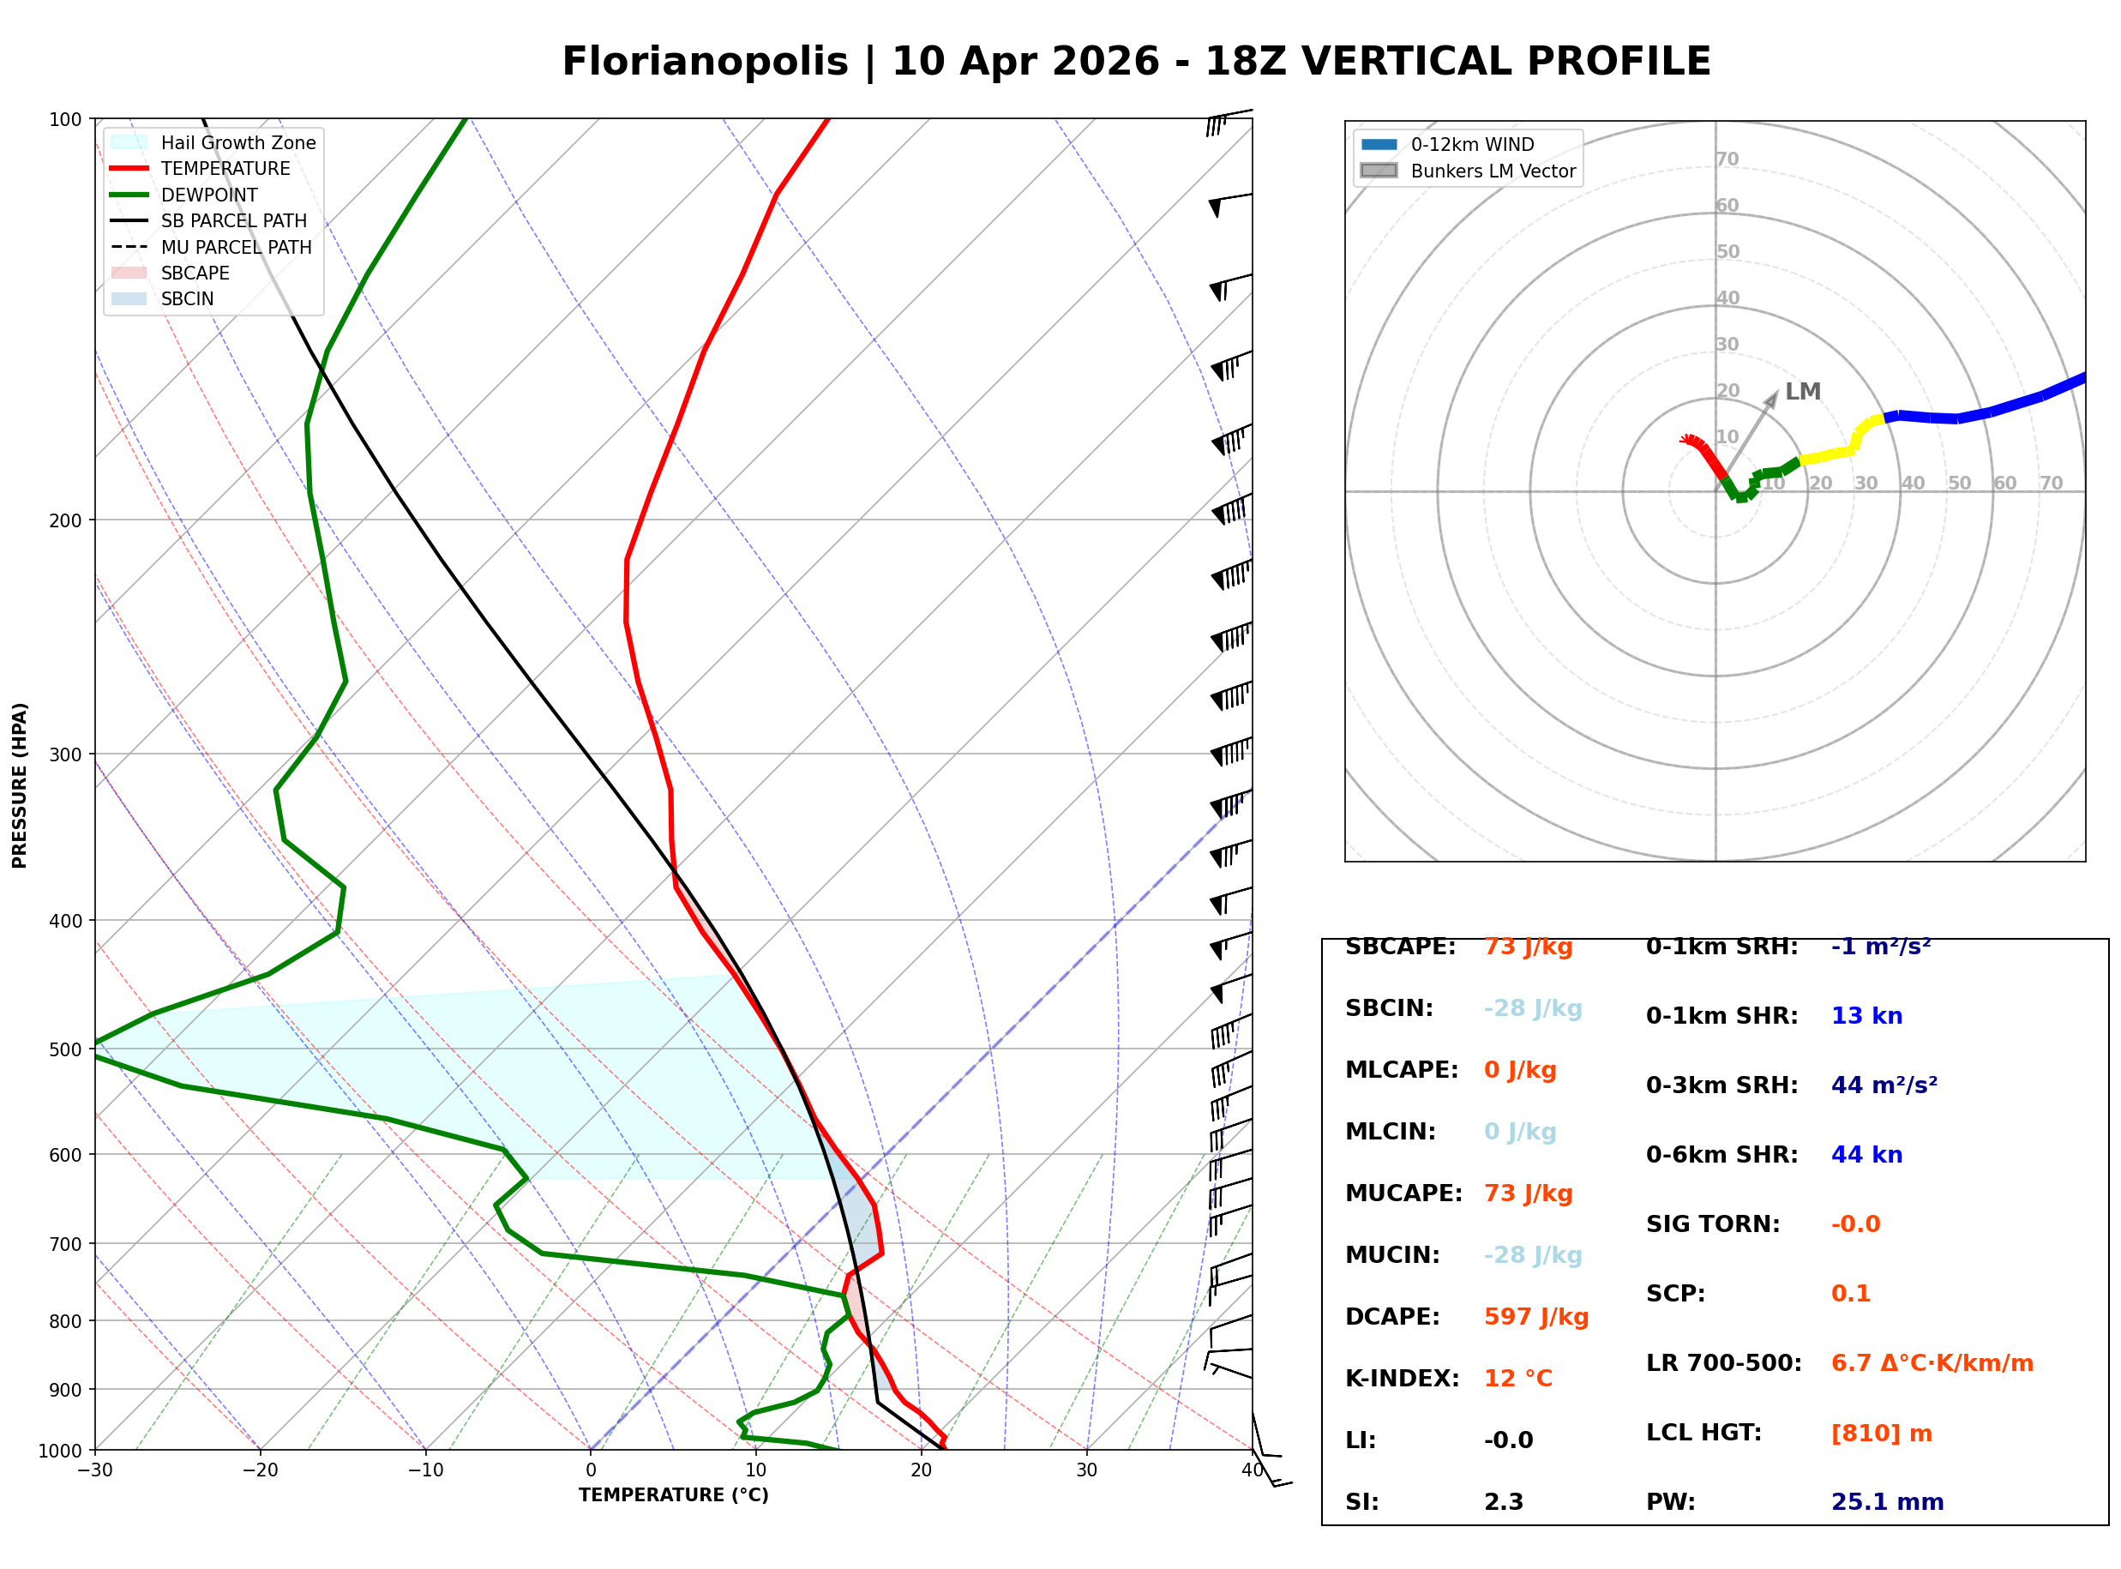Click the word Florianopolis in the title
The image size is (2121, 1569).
point(705,62)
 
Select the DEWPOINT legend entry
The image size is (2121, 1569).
point(209,195)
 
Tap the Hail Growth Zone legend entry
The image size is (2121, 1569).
point(237,142)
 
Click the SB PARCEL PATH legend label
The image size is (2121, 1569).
point(233,220)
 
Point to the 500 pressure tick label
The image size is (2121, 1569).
point(65,1049)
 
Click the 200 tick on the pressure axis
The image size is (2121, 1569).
point(65,520)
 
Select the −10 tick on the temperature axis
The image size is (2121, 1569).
point(424,1470)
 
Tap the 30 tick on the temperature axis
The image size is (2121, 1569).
point(1086,1470)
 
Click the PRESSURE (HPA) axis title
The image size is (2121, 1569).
point(20,785)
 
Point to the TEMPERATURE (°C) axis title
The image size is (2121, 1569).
point(673,1495)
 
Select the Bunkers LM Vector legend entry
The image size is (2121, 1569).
point(1493,171)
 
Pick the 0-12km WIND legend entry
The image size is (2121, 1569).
point(1472,144)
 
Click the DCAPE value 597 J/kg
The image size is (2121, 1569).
point(1536,1316)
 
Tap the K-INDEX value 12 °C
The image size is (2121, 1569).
point(1518,1378)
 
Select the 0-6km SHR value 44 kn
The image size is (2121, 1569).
point(1866,1155)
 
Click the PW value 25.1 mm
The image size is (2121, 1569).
point(1888,1501)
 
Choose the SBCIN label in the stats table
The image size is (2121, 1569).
point(1389,1007)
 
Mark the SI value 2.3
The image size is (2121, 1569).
point(1504,1501)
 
